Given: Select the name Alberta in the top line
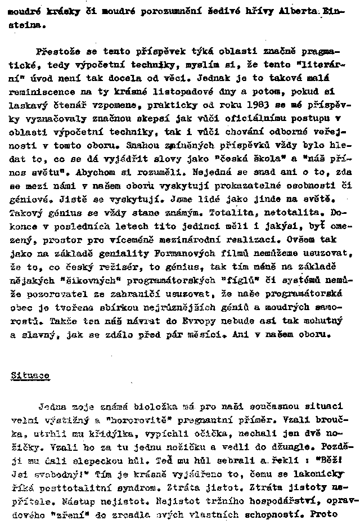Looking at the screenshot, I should [x=287, y=11].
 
